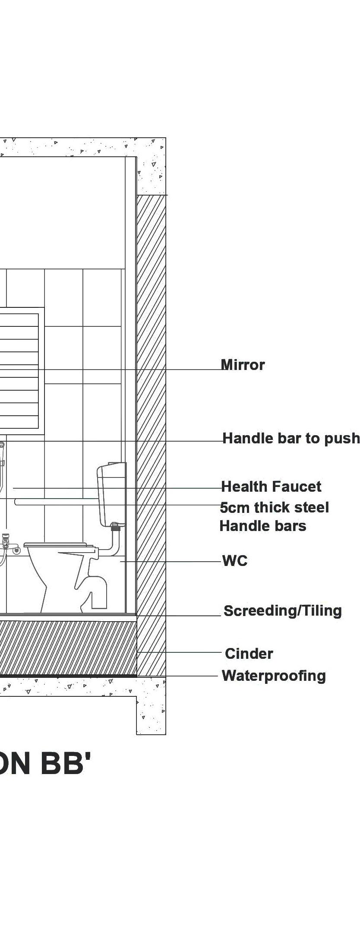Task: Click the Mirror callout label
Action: tap(243, 365)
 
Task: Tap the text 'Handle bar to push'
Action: tap(291, 439)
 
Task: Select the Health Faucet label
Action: tap(271, 487)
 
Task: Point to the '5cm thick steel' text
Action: tap(275, 508)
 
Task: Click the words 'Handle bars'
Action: tap(263, 526)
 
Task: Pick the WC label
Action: tap(235, 561)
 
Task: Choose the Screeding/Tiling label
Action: tap(283, 611)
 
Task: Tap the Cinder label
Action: tap(249, 654)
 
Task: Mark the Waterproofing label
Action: tap(274, 676)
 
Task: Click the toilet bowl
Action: tap(47, 570)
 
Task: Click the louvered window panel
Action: tap(19, 371)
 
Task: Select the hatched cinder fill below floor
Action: tap(65, 648)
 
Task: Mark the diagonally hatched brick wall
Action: tap(151, 432)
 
